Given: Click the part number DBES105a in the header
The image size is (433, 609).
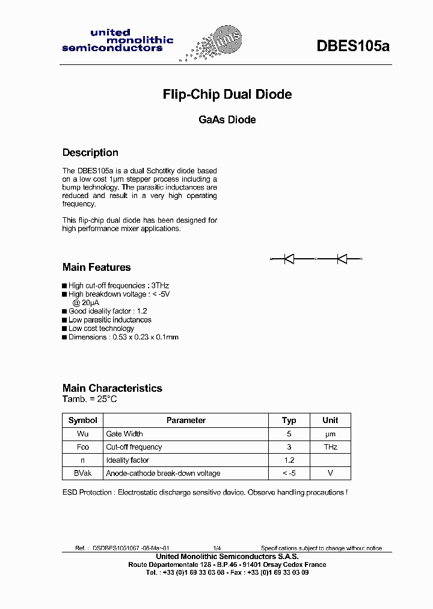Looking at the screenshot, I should click(x=353, y=46).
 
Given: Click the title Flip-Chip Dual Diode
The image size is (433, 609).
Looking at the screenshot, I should click(x=227, y=94).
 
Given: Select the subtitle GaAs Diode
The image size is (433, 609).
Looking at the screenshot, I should click(x=227, y=120).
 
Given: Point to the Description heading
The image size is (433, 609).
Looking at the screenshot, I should click(x=90, y=153).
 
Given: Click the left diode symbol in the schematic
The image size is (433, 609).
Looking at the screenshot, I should click(x=289, y=259).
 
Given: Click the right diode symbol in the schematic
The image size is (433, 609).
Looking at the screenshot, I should click(x=342, y=259).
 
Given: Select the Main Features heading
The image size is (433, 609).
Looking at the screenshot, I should click(x=96, y=267).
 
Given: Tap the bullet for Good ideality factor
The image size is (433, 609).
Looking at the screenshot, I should click(x=65, y=312).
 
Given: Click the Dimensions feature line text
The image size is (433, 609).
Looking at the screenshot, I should click(x=123, y=337).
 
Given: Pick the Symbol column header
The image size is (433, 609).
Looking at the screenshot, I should click(x=82, y=421).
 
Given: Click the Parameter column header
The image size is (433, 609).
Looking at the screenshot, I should click(x=186, y=421).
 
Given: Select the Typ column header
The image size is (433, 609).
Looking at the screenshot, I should click(x=289, y=421).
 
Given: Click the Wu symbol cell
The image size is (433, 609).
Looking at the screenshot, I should click(x=82, y=434).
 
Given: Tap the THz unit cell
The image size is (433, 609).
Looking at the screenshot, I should click(x=330, y=447).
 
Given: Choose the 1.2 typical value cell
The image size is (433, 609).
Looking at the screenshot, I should click(x=289, y=460).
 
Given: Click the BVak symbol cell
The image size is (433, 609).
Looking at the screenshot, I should click(x=82, y=474).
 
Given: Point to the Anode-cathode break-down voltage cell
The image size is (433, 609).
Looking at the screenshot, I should click(x=163, y=474).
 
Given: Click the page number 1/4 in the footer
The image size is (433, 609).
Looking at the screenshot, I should click(x=216, y=548).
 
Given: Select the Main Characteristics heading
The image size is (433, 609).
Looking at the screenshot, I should click(x=112, y=388).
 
